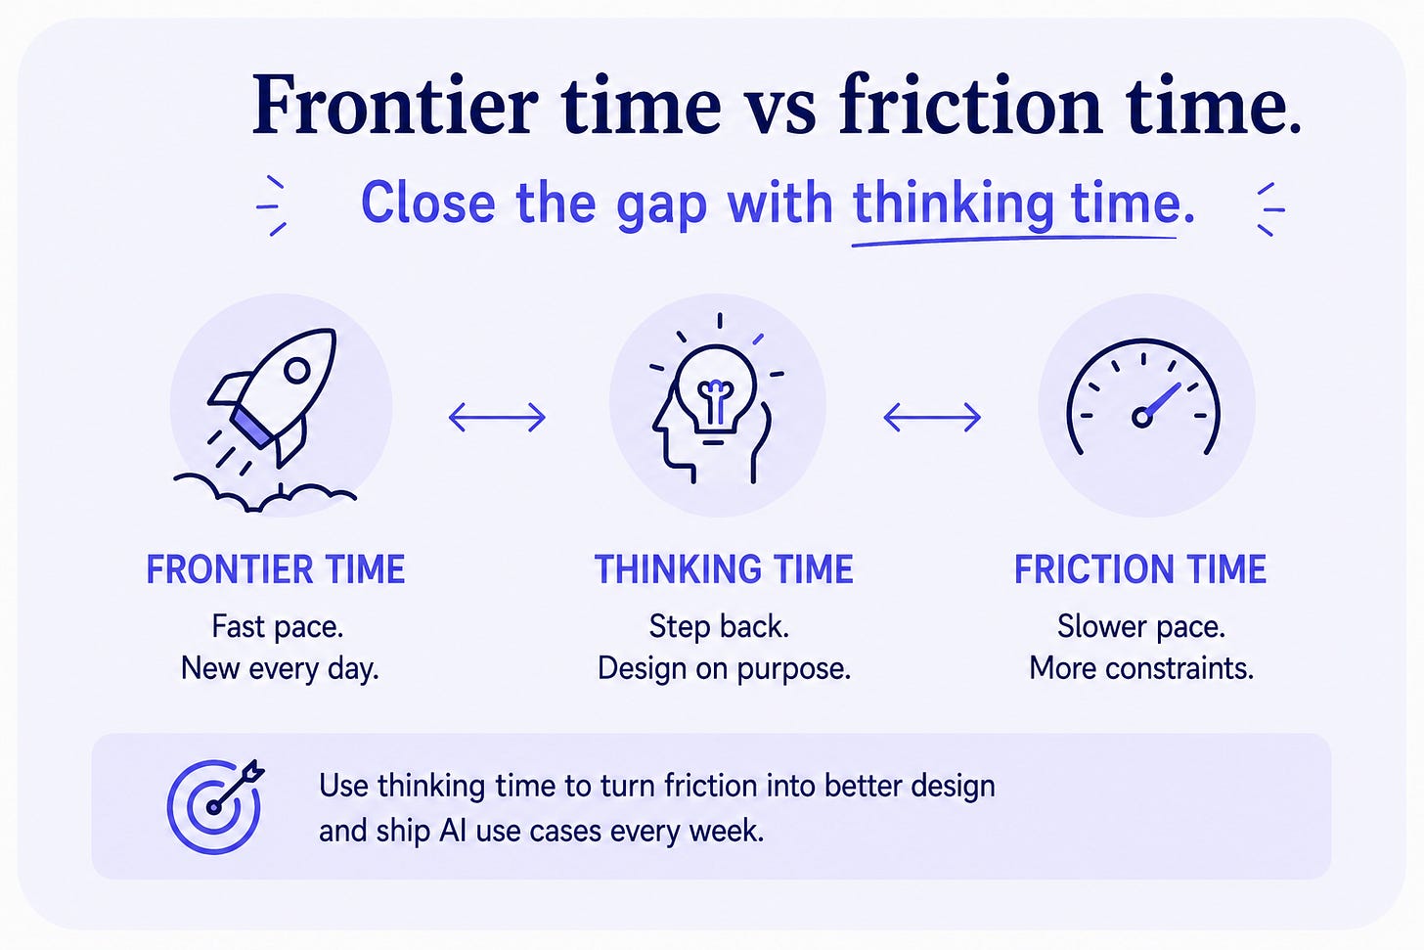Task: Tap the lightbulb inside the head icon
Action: click(x=716, y=388)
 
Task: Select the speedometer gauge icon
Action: click(x=1143, y=397)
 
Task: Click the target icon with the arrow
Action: click(x=214, y=806)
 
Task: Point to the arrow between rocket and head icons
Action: click(x=497, y=418)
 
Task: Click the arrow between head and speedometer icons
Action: click(x=932, y=418)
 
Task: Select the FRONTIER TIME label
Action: click(x=276, y=569)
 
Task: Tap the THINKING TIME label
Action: click(x=724, y=569)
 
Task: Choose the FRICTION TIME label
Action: click(x=1139, y=569)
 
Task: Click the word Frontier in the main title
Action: click(x=395, y=105)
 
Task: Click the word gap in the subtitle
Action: click(x=661, y=206)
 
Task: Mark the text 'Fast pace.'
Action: click(x=277, y=627)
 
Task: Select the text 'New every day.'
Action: click(x=280, y=669)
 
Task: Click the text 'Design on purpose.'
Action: click(x=724, y=669)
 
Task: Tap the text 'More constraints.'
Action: click(x=1141, y=668)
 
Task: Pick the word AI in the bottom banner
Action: click(x=453, y=831)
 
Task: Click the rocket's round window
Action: click(x=297, y=370)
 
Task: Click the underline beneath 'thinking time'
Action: click(x=1014, y=241)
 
